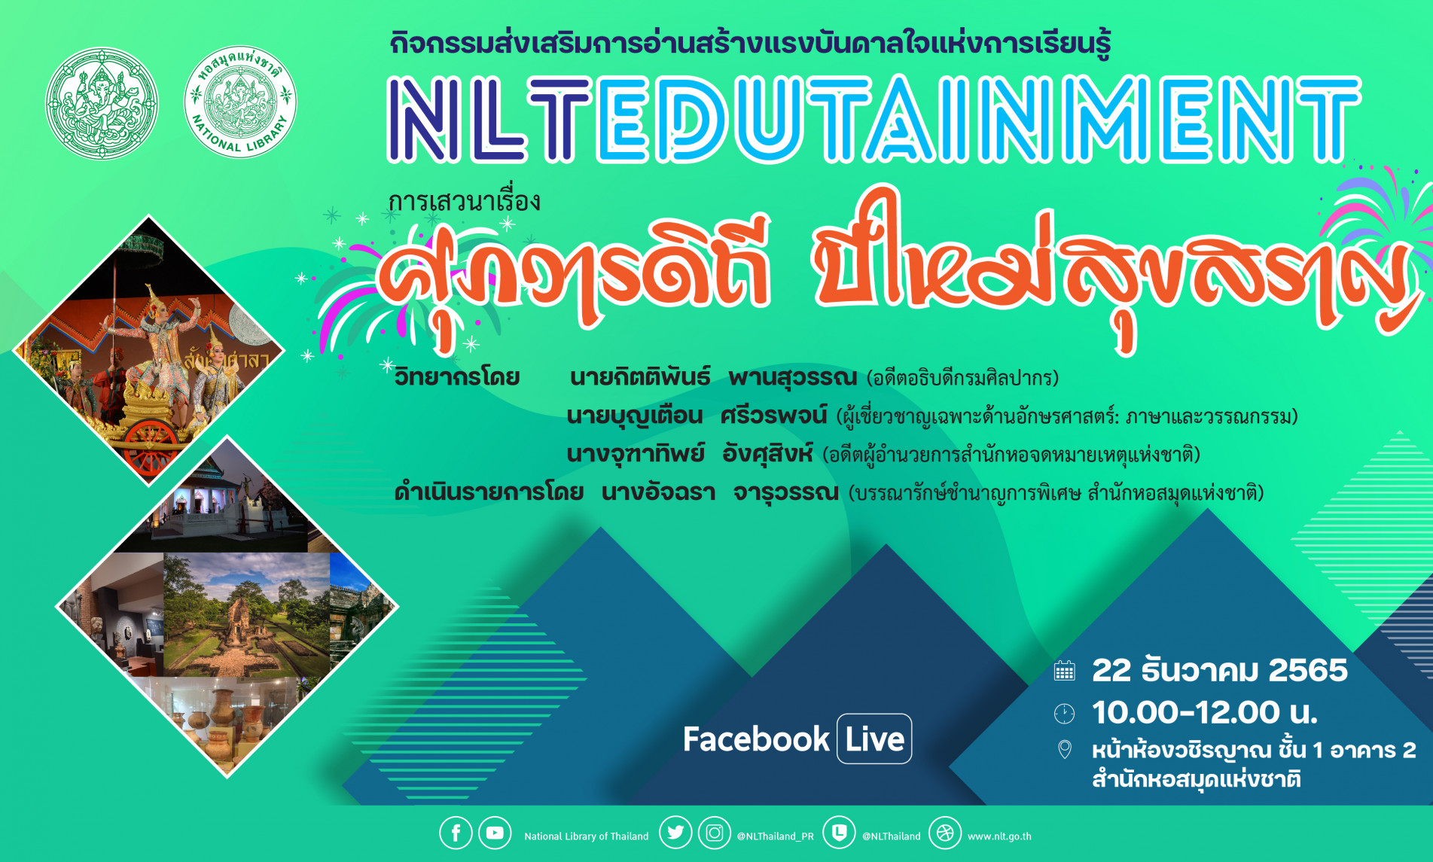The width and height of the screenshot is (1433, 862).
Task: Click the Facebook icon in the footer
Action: (456, 833)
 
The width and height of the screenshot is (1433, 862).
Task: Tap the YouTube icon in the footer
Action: (495, 833)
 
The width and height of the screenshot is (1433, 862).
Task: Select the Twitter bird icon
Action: (675, 833)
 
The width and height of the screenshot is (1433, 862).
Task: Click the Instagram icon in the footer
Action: (714, 833)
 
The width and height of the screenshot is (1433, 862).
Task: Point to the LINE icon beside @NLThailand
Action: (839, 833)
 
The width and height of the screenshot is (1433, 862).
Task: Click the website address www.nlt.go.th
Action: (999, 836)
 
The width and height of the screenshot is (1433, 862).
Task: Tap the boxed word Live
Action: (874, 739)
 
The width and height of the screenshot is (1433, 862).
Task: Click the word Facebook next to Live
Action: (756, 739)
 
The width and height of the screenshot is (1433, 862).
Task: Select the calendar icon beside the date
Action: (1064, 671)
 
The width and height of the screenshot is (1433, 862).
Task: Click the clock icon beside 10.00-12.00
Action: (1064, 713)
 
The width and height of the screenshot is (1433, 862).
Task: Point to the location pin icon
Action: (1064, 750)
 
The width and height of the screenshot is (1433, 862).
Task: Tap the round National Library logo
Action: (240, 102)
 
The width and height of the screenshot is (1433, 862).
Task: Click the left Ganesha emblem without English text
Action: (102, 103)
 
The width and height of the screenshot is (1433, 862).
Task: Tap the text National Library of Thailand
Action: (586, 836)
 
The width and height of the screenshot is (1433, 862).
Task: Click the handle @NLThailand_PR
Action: (775, 836)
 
